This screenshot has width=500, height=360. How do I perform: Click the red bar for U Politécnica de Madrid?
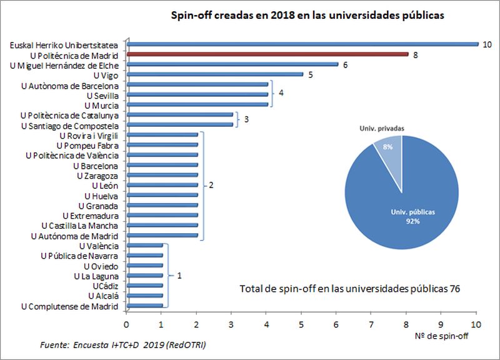[x=267, y=54]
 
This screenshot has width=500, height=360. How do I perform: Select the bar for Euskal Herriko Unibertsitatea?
[x=302, y=44]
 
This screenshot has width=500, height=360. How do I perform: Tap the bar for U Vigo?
[x=215, y=74]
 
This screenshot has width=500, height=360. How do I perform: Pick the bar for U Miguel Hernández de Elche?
[x=232, y=64]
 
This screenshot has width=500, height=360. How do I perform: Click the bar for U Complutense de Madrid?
[x=145, y=306]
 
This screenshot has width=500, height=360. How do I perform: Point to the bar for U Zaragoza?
[x=162, y=175]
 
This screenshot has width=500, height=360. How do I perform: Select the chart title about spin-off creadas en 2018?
[x=307, y=16]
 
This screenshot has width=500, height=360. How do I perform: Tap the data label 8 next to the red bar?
[x=415, y=54]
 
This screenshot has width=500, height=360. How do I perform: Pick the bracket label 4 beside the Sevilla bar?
[x=281, y=94]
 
